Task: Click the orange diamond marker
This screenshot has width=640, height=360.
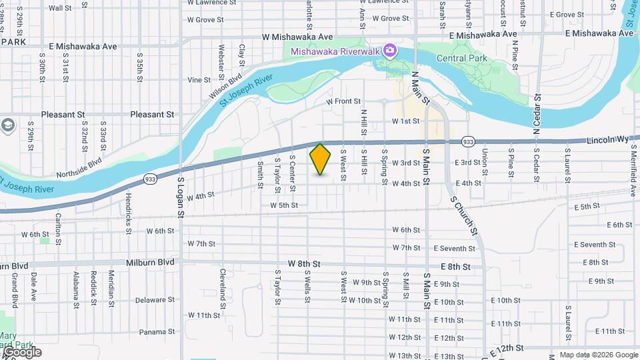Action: point(321,159)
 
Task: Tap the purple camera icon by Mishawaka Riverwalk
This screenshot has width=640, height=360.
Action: point(390,51)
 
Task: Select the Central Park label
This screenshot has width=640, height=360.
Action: point(462,59)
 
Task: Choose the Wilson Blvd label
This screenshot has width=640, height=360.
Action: point(226,87)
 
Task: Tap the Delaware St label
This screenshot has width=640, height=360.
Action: point(154,300)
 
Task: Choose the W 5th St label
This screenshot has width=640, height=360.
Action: point(284,206)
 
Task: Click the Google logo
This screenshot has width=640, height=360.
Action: point(21,351)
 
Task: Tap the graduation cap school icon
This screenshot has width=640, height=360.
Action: point(8,125)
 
